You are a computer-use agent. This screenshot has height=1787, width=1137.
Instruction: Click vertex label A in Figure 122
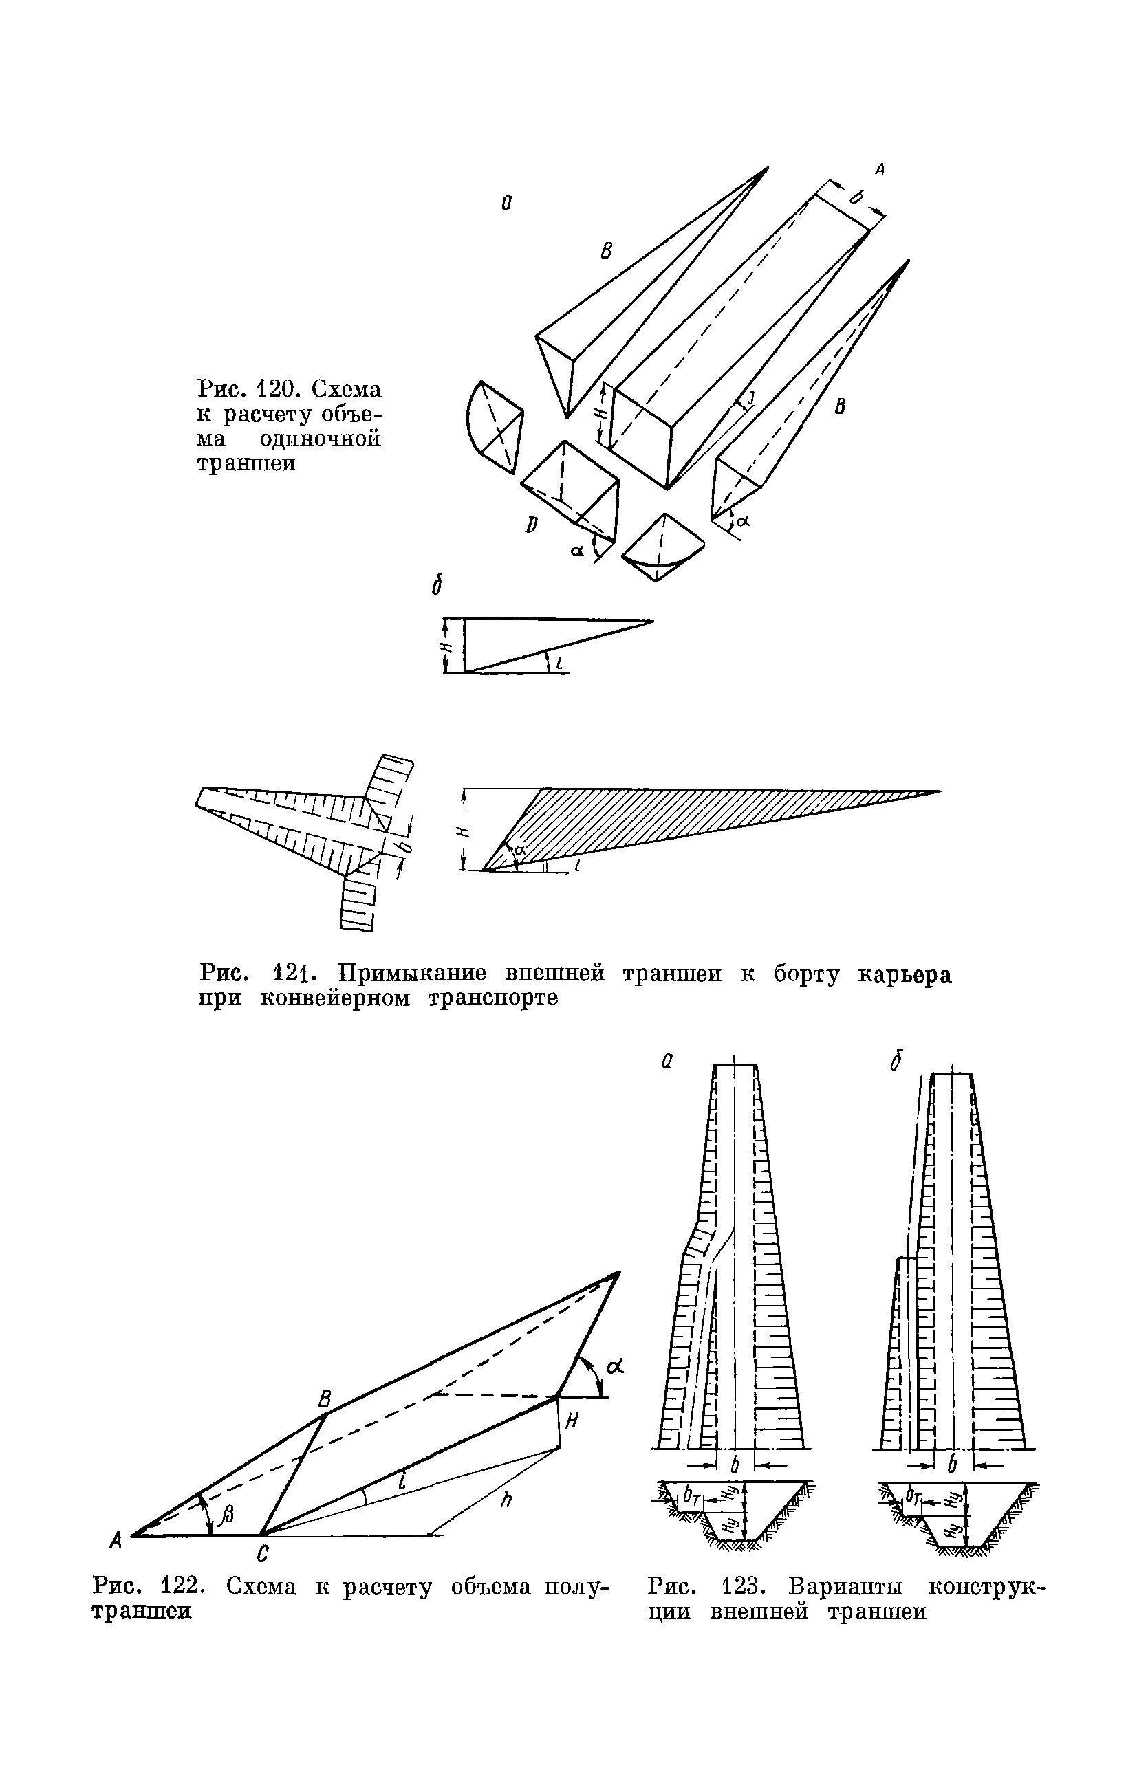[116, 1542]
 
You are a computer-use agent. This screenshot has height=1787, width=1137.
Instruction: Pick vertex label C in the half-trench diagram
[263, 1553]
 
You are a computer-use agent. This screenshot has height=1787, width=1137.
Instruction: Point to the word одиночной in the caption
[321, 439]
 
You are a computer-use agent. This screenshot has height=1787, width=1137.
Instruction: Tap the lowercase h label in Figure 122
[507, 1500]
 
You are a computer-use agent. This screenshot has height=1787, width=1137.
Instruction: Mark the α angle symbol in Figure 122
[614, 1366]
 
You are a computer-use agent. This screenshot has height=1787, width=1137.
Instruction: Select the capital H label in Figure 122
[572, 1421]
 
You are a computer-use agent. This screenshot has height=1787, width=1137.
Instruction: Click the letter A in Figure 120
[880, 170]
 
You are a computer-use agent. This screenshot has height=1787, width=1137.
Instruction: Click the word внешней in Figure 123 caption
[759, 1612]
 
